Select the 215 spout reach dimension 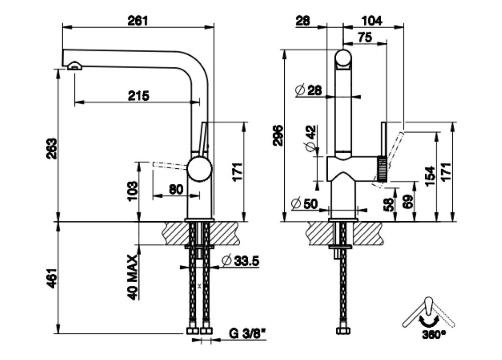[x=139, y=96]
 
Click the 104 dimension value [x=372, y=20]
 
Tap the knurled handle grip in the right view [x=383, y=167]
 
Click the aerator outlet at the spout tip [x=74, y=66]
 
